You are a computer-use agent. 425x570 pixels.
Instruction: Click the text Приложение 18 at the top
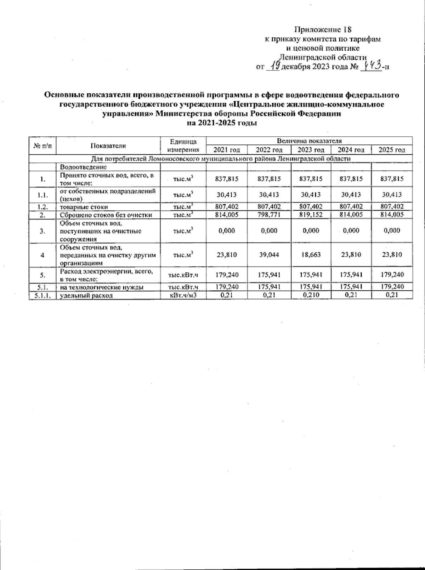323,30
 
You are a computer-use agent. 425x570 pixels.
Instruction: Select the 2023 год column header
311,150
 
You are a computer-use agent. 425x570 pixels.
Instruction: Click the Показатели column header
108,146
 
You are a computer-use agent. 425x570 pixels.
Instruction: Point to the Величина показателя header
309,141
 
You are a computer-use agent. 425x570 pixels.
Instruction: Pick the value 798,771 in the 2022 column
269,215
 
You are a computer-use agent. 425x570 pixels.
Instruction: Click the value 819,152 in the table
311,215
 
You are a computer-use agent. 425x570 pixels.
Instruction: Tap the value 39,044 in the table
269,255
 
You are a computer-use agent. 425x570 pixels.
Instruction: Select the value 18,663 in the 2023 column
311,255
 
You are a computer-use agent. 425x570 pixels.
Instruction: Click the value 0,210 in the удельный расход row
311,295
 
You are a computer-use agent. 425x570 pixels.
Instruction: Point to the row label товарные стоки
84,207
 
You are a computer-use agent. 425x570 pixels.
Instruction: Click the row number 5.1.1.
42,295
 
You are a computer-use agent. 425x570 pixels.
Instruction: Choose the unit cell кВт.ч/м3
183,295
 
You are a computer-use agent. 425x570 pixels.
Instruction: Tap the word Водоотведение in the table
83,167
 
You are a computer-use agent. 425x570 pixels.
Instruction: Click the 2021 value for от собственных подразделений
227,195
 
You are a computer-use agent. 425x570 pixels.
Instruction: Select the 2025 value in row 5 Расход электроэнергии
392,275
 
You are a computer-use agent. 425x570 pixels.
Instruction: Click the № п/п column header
42,146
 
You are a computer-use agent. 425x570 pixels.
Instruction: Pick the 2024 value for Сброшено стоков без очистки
351,215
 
